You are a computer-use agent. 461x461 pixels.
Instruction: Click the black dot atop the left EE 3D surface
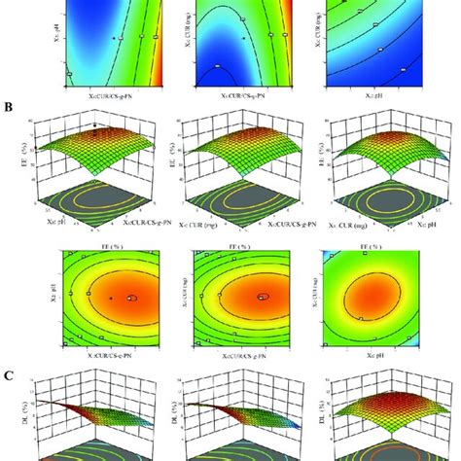[x=95, y=126]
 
